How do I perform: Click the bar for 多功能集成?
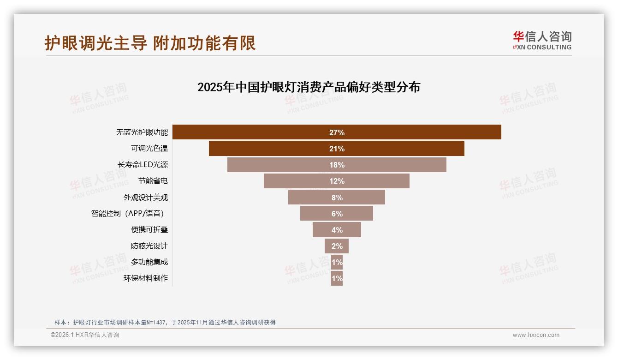pyautogui.click(x=337, y=262)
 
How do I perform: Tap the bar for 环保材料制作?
pyautogui.click(x=337, y=278)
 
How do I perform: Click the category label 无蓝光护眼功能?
pyautogui.click(x=142, y=132)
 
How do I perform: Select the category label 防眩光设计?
pyautogui.click(x=149, y=246)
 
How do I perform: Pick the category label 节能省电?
pyautogui.click(x=153, y=181)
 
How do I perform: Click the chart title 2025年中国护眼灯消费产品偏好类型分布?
pyautogui.click(x=309, y=87)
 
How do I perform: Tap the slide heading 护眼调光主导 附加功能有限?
pyautogui.click(x=150, y=43)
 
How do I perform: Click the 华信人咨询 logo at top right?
pyautogui.click(x=542, y=40)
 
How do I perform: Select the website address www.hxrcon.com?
pyautogui.click(x=536, y=335)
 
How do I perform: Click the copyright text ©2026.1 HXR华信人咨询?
pyautogui.click(x=85, y=335)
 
